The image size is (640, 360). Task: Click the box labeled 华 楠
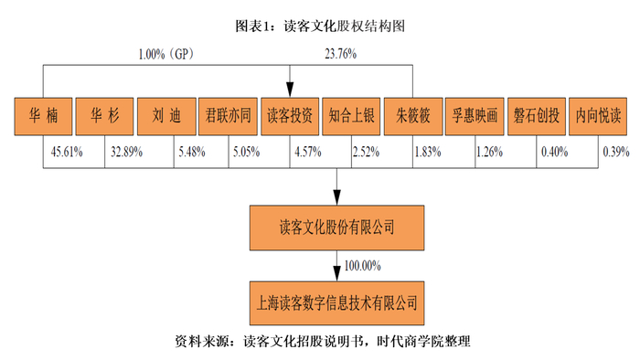click(42, 116)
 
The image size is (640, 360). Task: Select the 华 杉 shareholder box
click(103, 116)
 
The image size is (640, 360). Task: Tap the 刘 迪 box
click(165, 116)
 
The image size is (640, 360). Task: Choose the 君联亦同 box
click(227, 116)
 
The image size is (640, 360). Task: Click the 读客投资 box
click(289, 116)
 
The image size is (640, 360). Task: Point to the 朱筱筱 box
click(412, 116)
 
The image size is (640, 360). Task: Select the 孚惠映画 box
click(474, 116)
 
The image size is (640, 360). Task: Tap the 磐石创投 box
click(536, 116)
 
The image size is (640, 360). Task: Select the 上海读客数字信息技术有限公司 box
click(337, 301)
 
